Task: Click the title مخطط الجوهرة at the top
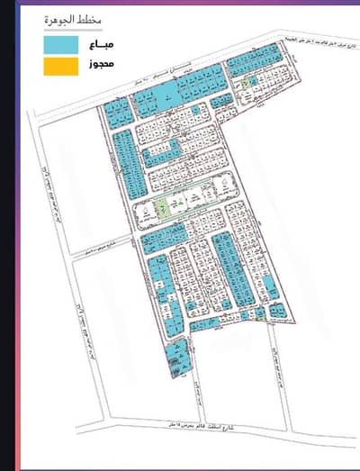point(71,21)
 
